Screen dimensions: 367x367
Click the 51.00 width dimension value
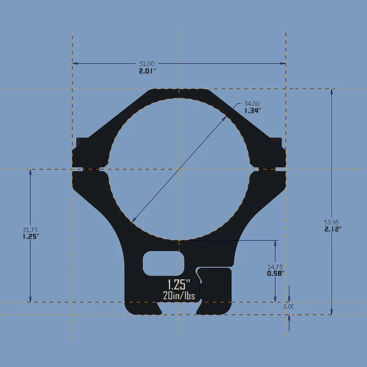coord(147,64)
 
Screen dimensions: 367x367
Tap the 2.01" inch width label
coord(147,71)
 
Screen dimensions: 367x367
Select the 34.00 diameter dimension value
coord(252,104)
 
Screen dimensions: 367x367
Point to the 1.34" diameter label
coord(253,110)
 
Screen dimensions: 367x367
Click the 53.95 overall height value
coord(332,222)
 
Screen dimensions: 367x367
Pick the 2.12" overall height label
coord(332,229)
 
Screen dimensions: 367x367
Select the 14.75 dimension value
coord(275,267)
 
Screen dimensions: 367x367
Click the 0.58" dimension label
coord(276,274)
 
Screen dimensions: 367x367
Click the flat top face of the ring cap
coord(179,91)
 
